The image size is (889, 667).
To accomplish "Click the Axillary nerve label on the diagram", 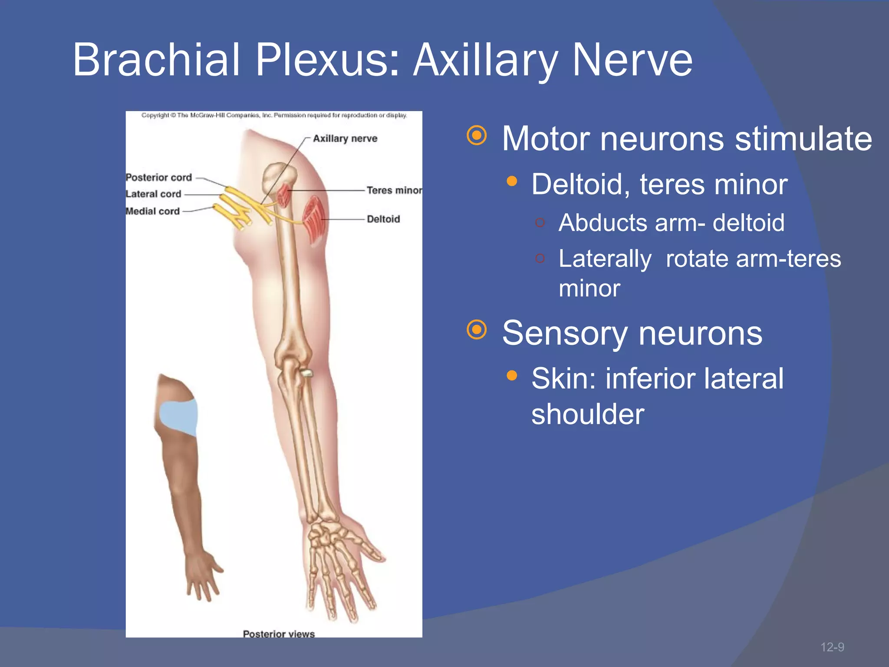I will (345, 139).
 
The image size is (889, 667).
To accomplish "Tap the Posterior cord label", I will (159, 178).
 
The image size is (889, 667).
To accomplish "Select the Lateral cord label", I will (153, 194).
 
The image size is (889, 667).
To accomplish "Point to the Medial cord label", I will (152, 211).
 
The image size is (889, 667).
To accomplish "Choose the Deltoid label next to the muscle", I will (383, 219).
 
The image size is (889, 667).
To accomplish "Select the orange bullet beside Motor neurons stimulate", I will (477, 136).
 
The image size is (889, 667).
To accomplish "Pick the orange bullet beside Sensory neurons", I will (477, 330).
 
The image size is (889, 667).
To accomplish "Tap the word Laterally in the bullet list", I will (605, 259).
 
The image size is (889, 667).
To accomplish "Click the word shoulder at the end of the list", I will (588, 414).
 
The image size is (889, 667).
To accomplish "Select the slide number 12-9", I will (832, 647).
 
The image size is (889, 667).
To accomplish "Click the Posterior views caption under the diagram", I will (279, 634).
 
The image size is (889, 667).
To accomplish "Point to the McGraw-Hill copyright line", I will (274, 116).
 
